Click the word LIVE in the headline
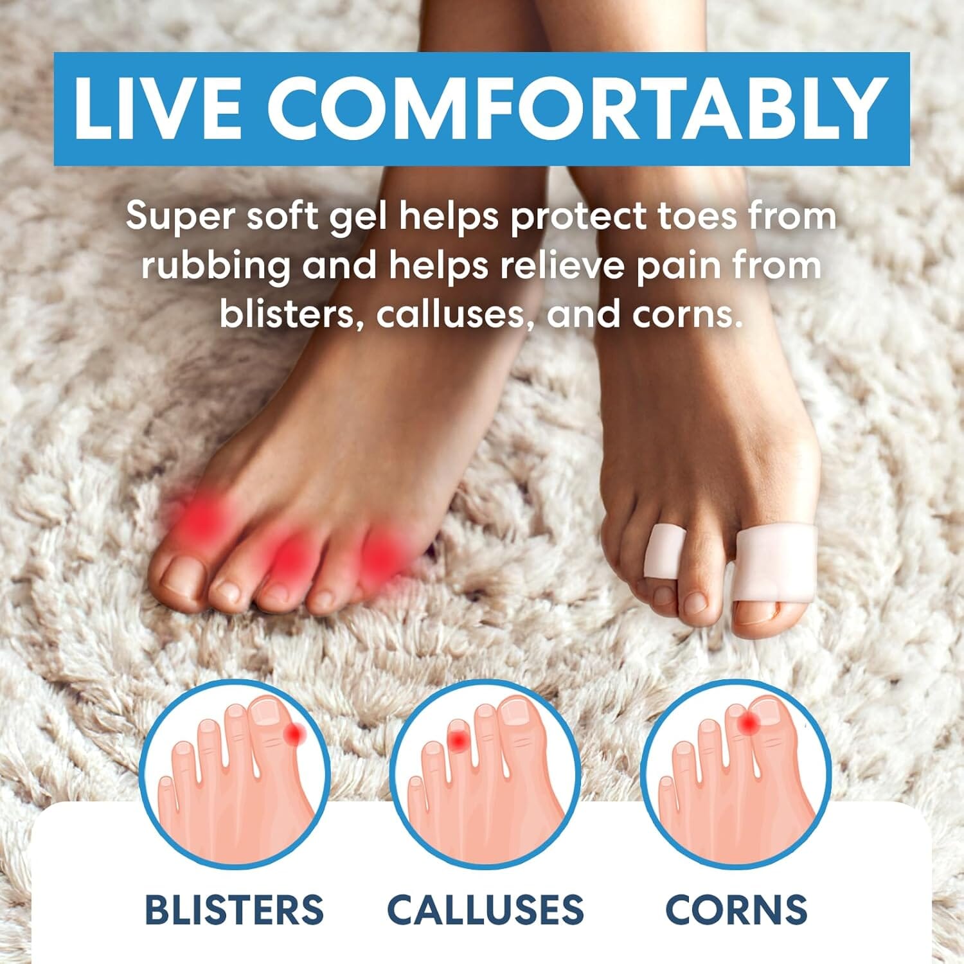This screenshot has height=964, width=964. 158,108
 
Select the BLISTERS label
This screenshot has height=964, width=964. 234,909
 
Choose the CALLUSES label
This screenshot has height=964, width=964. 485,909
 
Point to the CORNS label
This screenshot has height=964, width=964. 736,909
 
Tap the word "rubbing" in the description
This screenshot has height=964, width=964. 215,266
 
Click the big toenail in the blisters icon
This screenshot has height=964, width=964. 263,712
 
